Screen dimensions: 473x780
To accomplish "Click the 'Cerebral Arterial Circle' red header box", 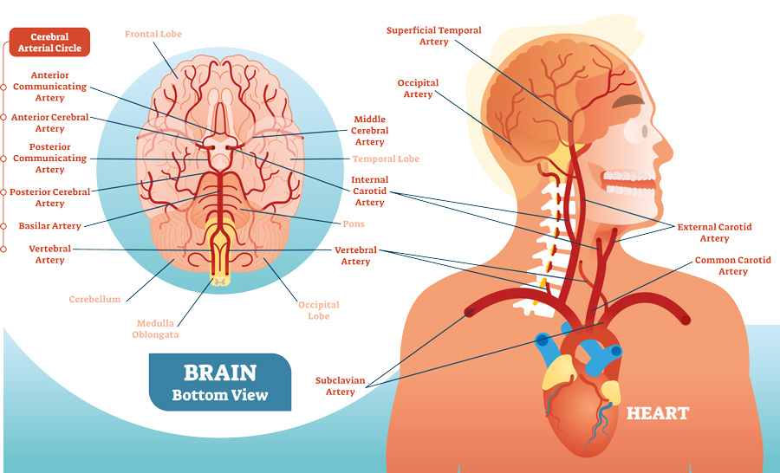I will pyautogui.click(x=49, y=42).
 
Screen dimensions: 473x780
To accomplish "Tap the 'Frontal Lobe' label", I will pyautogui.click(x=153, y=34).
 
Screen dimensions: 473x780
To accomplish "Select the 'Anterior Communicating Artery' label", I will pyautogui.click(x=50, y=87).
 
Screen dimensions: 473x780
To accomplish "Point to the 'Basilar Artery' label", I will pyautogui.click(x=49, y=226).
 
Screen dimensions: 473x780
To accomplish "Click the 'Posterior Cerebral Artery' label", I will pyautogui.click(x=49, y=198).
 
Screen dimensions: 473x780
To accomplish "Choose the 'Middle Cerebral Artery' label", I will pyautogui.click(x=370, y=131).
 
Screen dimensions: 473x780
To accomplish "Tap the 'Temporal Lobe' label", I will pyautogui.click(x=386, y=159).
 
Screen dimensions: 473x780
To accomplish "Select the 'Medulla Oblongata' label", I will pyautogui.click(x=156, y=329).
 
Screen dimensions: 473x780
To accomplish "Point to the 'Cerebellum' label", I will pyautogui.click(x=94, y=300).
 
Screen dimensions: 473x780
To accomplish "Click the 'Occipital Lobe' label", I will pyautogui.click(x=318, y=310).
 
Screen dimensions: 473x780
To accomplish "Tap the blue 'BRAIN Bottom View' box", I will pyautogui.click(x=219, y=382).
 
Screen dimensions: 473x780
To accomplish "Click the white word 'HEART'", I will pyautogui.click(x=658, y=413).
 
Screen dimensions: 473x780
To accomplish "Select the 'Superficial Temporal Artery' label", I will pyautogui.click(x=434, y=36).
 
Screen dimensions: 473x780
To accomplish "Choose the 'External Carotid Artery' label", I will pyautogui.click(x=714, y=232).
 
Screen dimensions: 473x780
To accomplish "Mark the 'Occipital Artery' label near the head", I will pyautogui.click(x=418, y=88).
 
